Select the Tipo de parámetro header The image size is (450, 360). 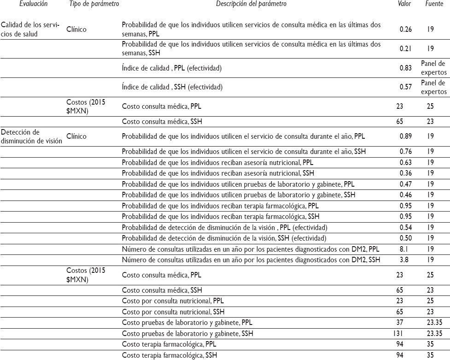coord(94,4)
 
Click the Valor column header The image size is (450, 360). coord(404,4)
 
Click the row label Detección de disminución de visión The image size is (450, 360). coord(31,136)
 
